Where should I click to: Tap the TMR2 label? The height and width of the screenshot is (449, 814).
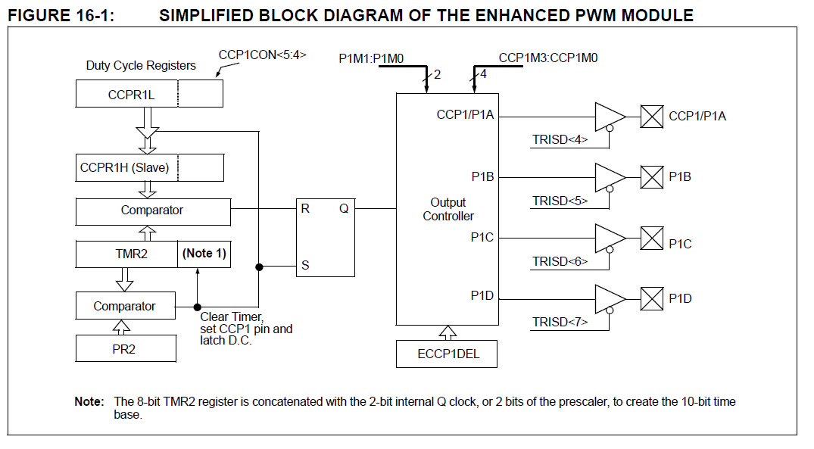(127, 254)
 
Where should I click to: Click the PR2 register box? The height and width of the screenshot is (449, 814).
(125, 349)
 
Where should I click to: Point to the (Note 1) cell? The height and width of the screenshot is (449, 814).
(204, 254)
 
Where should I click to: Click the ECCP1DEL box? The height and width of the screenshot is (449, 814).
(448, 354)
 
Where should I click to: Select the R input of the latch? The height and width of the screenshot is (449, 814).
(305, 209)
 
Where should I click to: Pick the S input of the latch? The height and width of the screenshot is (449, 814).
(305, 266)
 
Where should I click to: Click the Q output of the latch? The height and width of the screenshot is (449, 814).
(343, 209)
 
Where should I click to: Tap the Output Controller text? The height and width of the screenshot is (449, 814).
(448, 210)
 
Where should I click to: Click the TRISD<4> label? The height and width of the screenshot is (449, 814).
(560, 139)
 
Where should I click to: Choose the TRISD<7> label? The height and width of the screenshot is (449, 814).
(560, 322)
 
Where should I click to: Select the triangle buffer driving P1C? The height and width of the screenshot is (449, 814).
(609, 238)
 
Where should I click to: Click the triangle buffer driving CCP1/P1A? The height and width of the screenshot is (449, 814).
(609, 117)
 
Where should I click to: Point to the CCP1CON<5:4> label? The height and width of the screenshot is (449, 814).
(262, 55)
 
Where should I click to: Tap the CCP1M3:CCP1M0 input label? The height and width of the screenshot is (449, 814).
(548, 58)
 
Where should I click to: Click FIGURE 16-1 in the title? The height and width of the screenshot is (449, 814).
(61, 14)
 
